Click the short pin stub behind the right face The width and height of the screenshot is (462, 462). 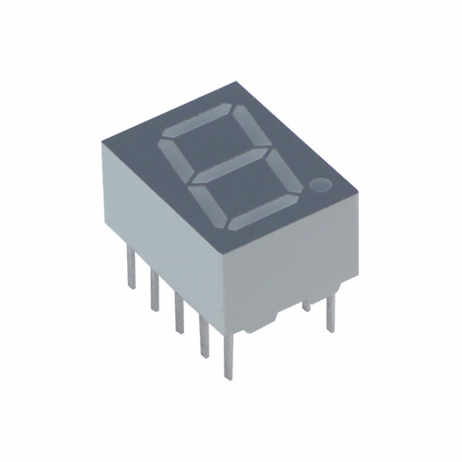[x=307, y=305]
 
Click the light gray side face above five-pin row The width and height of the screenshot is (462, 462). [x=159, y=217]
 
